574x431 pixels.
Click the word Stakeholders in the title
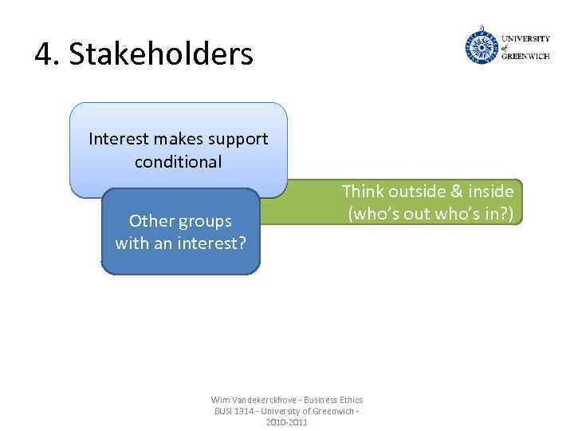click(x=161, y=54)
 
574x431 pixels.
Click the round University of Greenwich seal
click(x=481, y=46)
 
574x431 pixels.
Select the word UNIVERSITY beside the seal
click(x=525, y=38)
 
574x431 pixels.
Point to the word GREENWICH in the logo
click(x=525, y=57)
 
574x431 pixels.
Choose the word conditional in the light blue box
click(x=178, y=162)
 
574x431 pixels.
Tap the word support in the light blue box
click(x=238, y=139)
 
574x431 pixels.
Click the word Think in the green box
click(x=363, y=192)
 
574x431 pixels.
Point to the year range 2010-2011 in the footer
click(x=286, y=421)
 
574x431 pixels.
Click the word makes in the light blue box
click(x=175, y=139)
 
